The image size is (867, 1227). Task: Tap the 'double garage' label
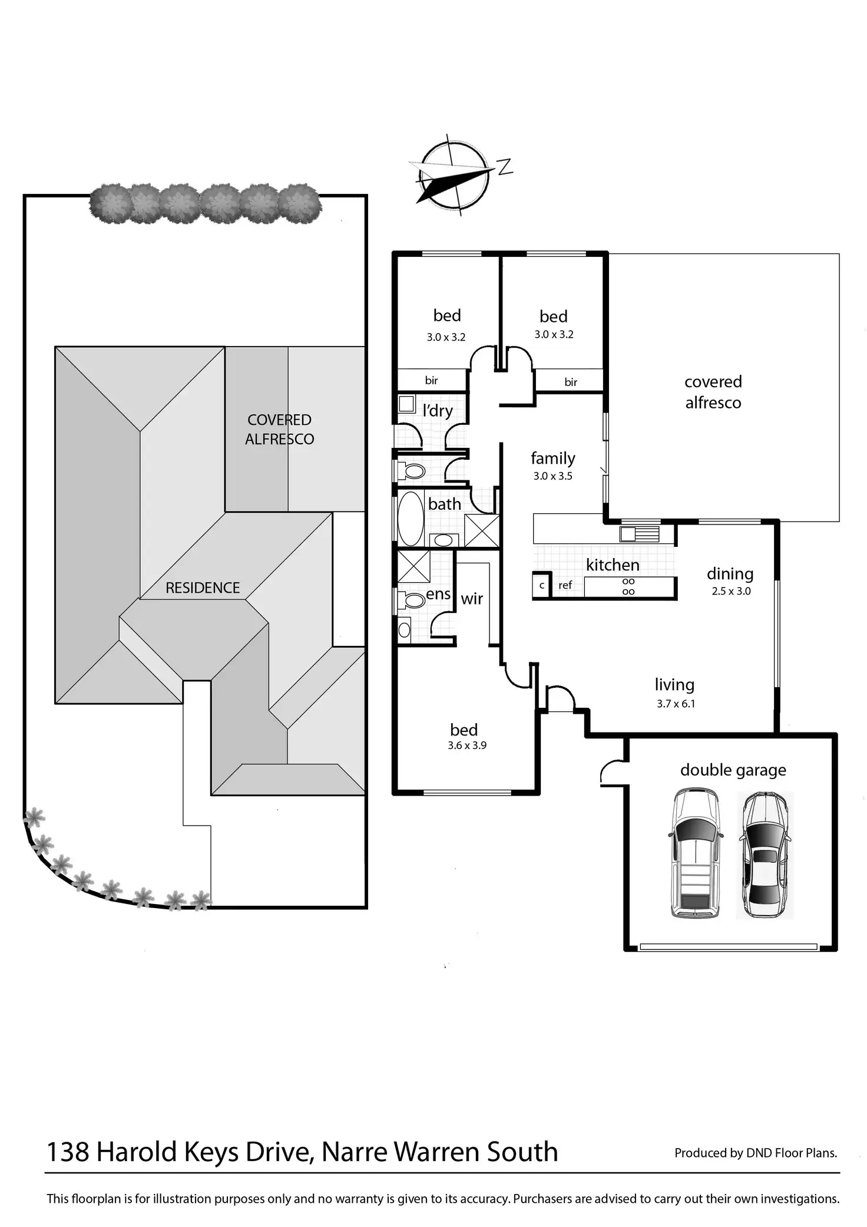tap(733, 770)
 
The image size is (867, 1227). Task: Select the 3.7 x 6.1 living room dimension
tap(676, 703)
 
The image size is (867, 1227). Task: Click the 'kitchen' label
tap(613, 565)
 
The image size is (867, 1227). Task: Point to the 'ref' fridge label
tap(565, 585)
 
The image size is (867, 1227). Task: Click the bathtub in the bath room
tap(411, 519)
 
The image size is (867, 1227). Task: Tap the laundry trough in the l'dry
tap(406, 404)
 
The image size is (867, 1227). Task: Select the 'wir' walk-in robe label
tap(472, 599)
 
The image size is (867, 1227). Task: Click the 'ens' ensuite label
tap(438, 594)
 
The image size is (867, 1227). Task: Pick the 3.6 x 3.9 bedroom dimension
tap(466, 746)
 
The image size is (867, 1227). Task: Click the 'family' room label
tap(552, 458)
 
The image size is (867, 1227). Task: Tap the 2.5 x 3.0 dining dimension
tap(731, 591)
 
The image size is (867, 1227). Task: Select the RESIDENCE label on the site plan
tap(203, 588)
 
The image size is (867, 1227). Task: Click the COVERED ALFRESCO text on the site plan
tap(280, 429)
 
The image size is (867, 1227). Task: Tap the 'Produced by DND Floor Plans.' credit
tap(756, 1153)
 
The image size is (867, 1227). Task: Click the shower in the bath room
tap(482, 530)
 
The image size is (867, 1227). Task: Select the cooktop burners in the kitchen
tap(628, 586)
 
